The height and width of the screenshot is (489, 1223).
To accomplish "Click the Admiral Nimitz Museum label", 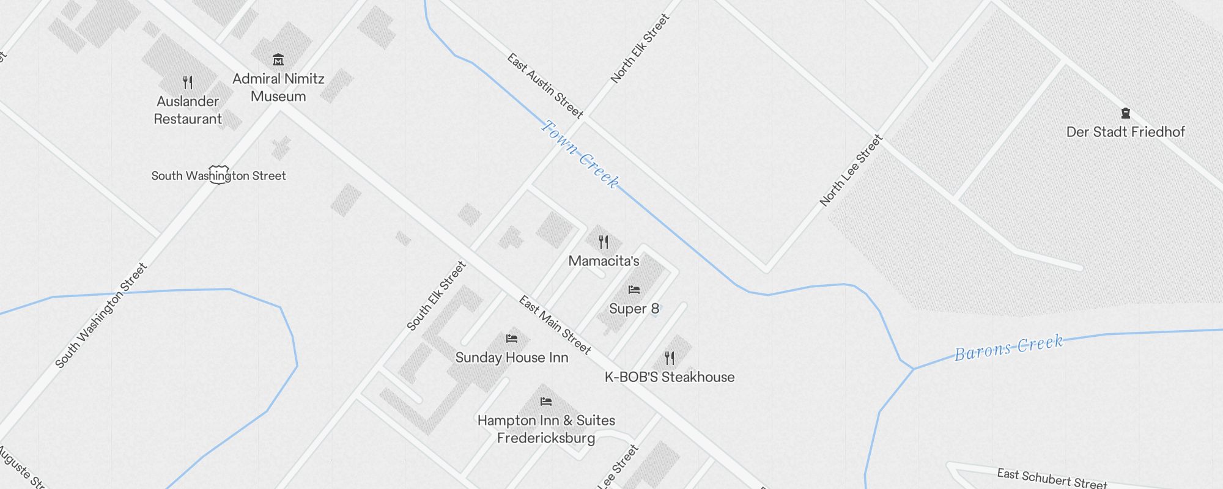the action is (278, 87).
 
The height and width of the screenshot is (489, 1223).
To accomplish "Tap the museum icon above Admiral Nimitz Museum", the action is (278, 59).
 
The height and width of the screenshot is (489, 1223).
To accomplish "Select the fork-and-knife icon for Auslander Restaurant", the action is (188, 82).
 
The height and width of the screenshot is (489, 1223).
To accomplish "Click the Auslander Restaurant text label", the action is (188, 110).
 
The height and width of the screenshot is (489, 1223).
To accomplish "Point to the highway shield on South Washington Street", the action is (218, 174).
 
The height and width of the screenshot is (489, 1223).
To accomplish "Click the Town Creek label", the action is (580, 153).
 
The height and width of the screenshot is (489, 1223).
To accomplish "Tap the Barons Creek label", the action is (1009, 347).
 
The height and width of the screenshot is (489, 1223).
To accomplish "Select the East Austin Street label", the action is (545, 86).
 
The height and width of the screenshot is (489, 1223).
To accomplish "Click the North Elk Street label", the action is (640, 48).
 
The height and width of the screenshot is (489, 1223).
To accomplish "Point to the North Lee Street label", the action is (851, 171).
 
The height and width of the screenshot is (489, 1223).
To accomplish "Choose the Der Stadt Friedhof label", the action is (1125, 132).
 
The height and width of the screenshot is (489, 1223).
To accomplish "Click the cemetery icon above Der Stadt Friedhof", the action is (1125, 113).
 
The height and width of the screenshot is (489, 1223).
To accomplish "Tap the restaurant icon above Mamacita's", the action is (604, 242).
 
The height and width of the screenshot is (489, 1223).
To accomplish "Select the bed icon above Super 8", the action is (634, 290).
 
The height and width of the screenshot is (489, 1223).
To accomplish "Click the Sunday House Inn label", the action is (512, 358).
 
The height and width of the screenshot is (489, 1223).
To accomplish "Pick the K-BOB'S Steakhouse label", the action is (670, 377).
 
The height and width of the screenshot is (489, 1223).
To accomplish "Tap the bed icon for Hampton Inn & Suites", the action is (546, 402).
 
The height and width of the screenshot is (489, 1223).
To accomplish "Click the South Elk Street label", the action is (437, 296).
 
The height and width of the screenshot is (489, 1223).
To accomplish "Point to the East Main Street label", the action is (555, 325).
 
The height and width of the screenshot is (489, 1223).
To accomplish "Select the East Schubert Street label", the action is (1052, 478).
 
